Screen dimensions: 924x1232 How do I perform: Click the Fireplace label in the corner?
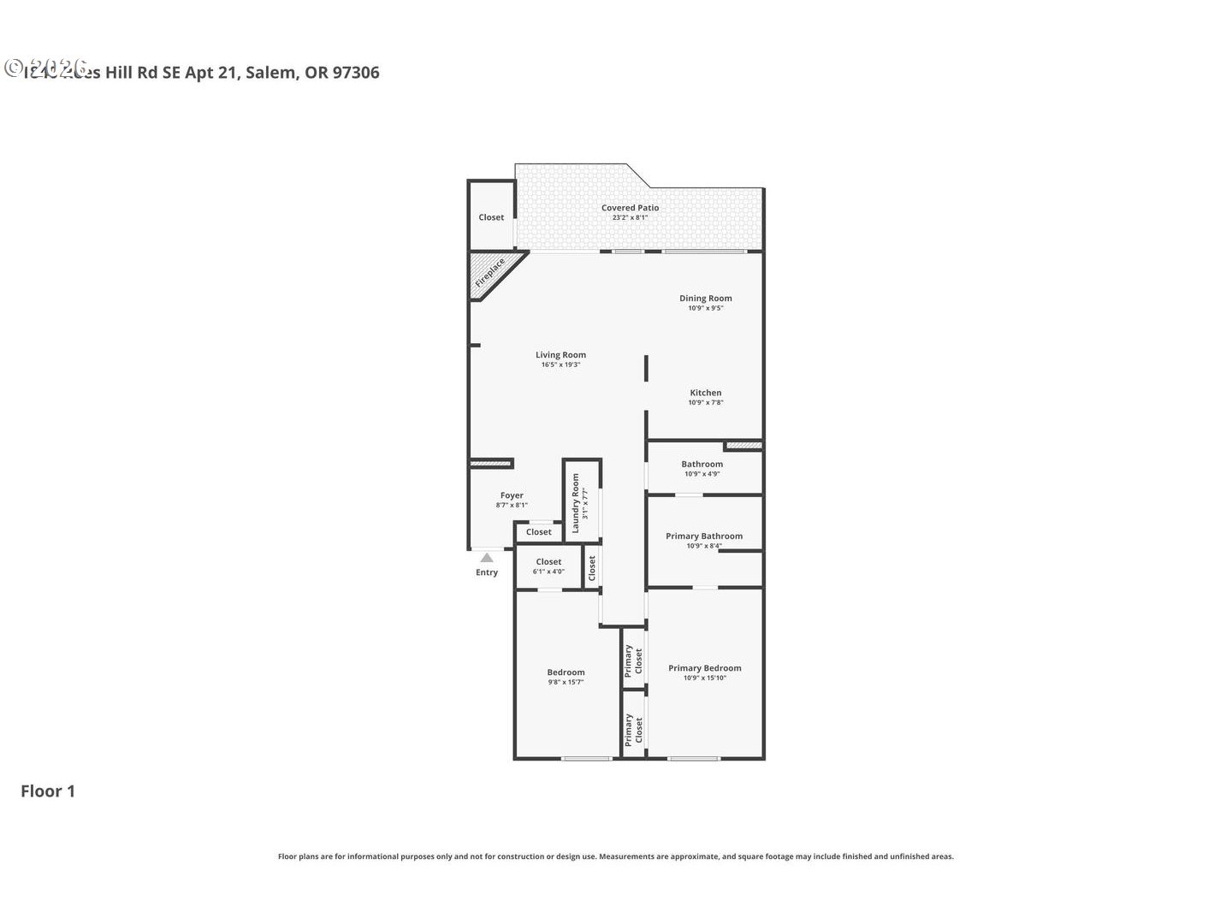(x=489, y=273)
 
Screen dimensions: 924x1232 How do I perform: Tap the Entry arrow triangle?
(x=487, y=558)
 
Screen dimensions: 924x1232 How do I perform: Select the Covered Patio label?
(x=630, y=208)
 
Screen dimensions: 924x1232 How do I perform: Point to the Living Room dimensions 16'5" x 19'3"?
(x=560, y=365)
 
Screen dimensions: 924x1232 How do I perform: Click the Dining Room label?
(x=706, y=299)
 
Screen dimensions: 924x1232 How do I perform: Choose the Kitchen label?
(x=706, y=393)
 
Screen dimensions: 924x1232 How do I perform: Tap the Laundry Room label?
(x=576, y=503)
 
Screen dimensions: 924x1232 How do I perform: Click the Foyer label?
(x=512, y=495)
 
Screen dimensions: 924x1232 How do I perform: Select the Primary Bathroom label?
(x=704, y=536)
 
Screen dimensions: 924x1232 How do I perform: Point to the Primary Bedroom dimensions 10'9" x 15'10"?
(x=705, y=678)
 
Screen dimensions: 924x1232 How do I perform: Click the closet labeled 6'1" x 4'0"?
(x=548, y=572)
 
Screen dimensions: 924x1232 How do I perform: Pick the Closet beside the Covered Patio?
(x=491, y=217)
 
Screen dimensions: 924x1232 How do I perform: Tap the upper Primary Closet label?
(x=633, y=661)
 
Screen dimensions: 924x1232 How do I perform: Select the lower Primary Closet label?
(x=633, y=730)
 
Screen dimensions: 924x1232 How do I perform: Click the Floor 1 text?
(x=48, y=791)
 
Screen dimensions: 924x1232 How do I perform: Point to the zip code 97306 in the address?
(x=356, y=73)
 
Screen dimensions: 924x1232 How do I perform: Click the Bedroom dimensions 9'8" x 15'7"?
(x=566, y=683)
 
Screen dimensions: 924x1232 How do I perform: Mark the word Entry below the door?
(x=487, y=572)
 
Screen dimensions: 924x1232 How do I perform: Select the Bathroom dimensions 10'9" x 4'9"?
(x=702, y=474)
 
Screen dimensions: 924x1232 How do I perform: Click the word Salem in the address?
(x=271, y=73)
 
